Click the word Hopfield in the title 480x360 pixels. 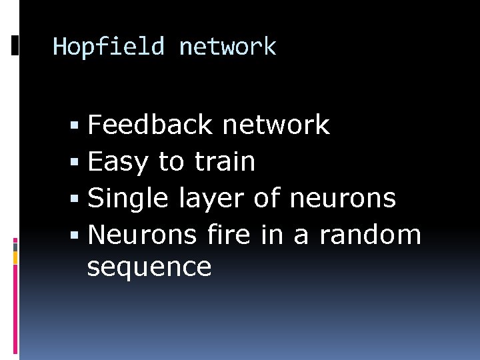coord(108,47)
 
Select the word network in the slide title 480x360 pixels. coord(227,47)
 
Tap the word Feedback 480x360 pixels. coord(153,125)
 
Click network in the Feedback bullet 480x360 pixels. coord(276,125)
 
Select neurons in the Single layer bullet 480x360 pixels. coord(343,198)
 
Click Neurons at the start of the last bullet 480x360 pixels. coord(142,235)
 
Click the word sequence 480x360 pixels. coord(149,267)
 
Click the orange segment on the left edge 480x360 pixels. coord(15,256)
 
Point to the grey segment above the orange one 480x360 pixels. coord(15,245)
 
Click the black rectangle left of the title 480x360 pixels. coord(15,45)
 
